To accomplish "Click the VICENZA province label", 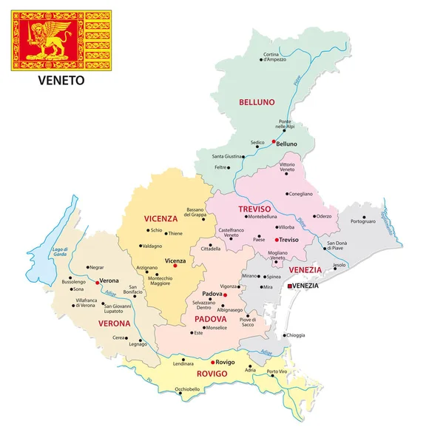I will point(161,218).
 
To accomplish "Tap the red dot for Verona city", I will point(97,282).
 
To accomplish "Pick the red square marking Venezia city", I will point(289,286).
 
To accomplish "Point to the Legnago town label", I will point(138,344).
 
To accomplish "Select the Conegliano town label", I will point(300,194).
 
